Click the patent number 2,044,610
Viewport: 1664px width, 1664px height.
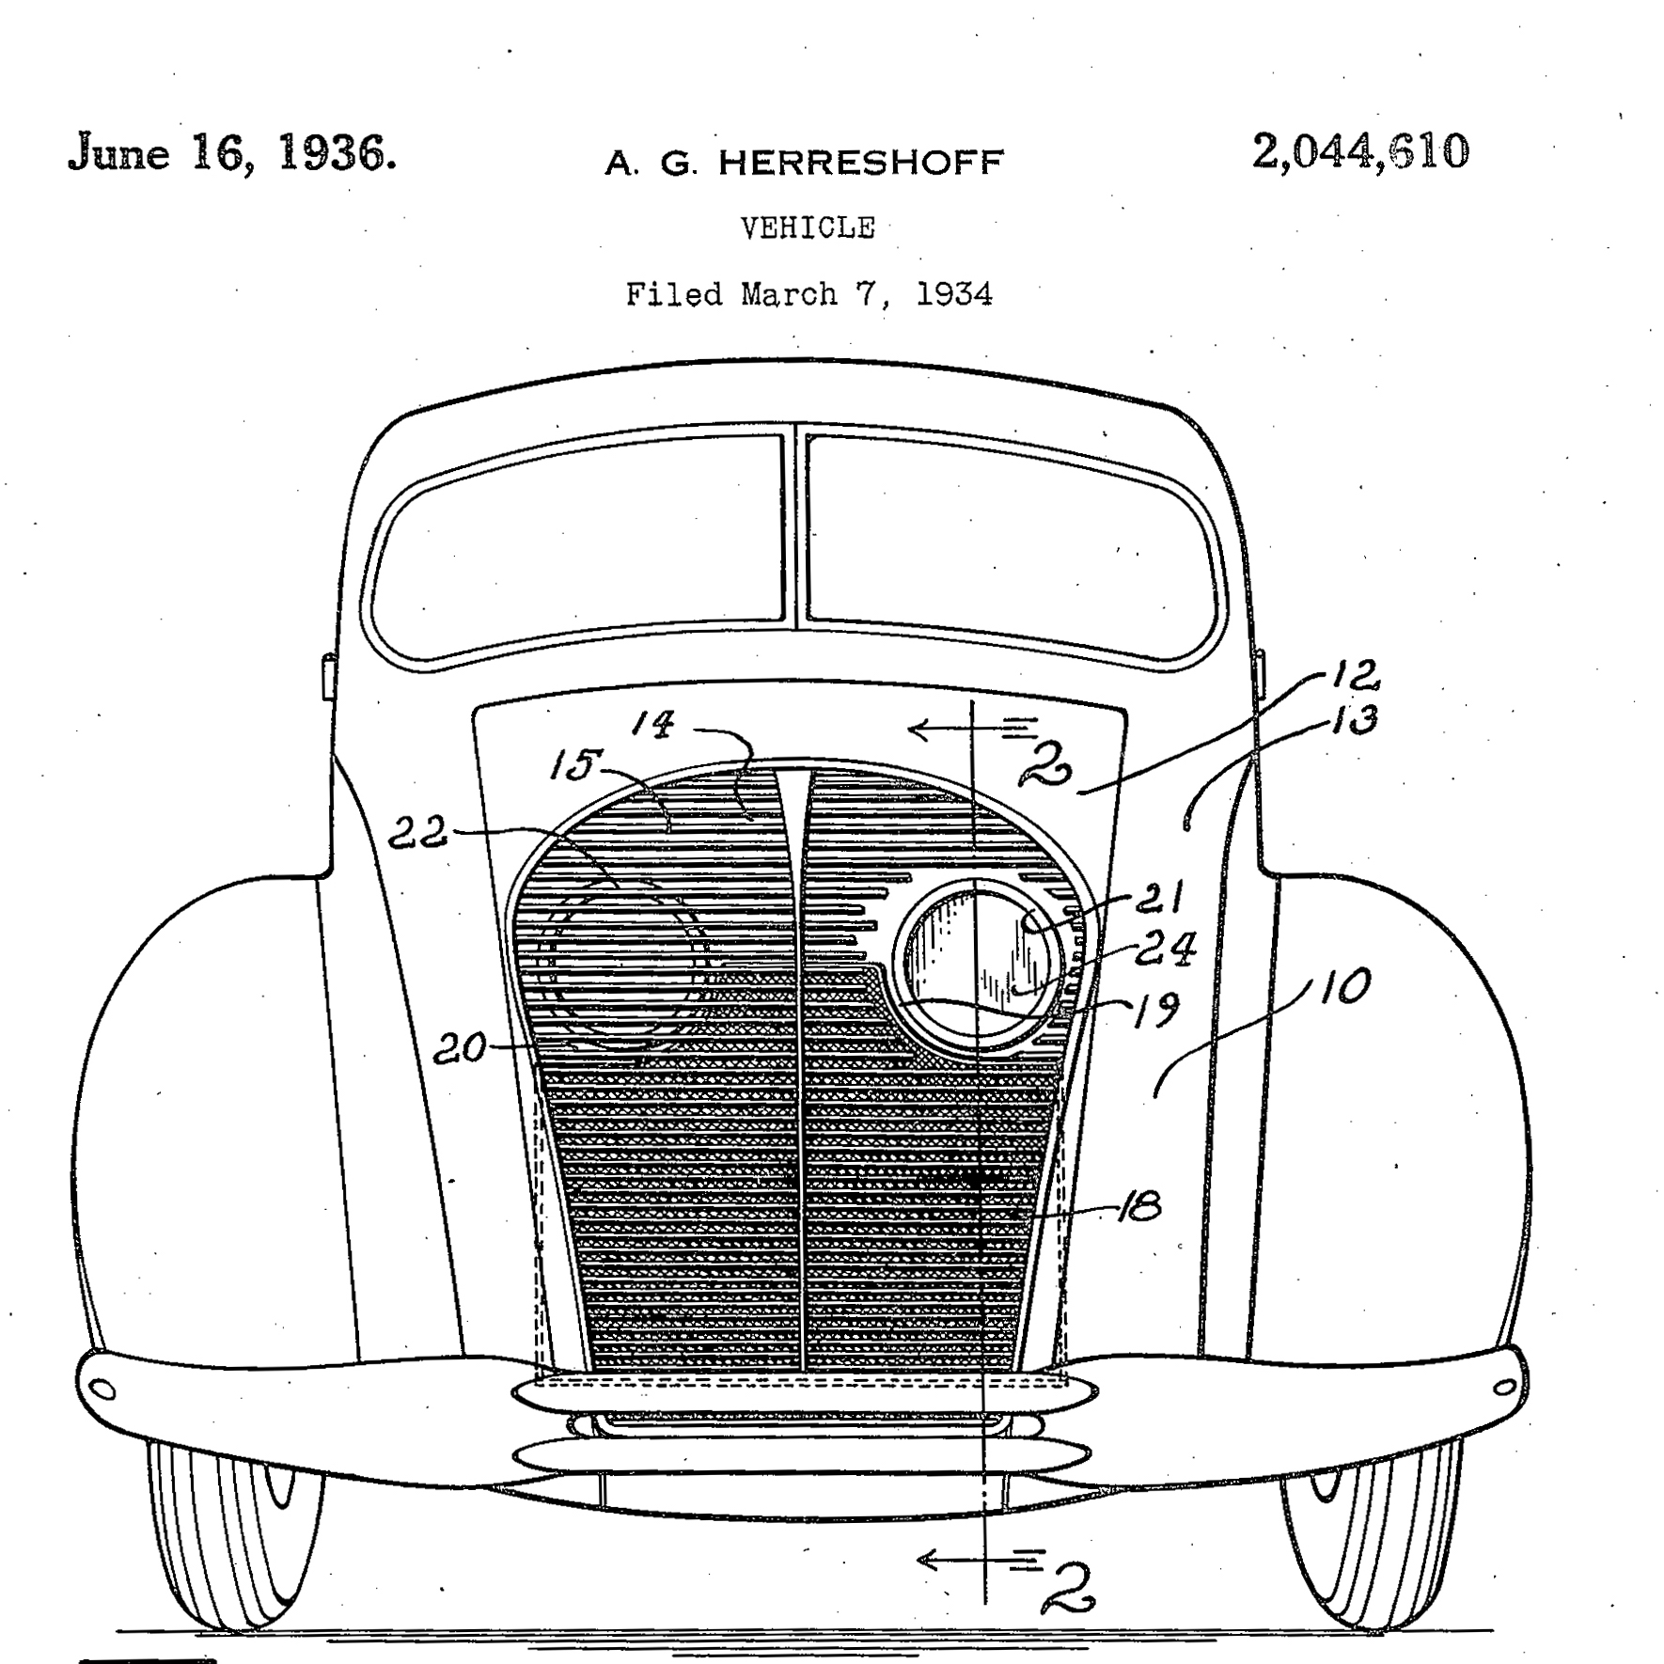pos(1359,152)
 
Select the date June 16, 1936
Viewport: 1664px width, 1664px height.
pos(231,153)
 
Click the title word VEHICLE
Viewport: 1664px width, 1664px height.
pos(808,228)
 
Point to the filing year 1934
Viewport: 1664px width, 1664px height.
pos(953,295)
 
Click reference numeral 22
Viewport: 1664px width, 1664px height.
pos(418,833)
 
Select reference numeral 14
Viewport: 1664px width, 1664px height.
pos(652,724)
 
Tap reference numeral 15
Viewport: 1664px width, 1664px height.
pos(572,765)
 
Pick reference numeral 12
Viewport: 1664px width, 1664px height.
pos(1356,673)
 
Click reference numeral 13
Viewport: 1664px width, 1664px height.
pos(1355,720)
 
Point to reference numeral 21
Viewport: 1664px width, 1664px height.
pos(1159,899)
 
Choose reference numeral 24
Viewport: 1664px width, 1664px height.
pos(1165,949)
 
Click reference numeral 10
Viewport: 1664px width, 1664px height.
pos(1345,987)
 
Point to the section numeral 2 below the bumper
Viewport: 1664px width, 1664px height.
pos(1070,1587)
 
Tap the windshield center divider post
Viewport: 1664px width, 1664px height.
pos(795,526)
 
